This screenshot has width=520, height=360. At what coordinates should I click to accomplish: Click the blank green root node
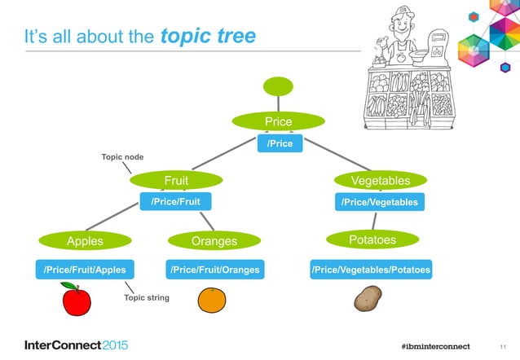[277, 85]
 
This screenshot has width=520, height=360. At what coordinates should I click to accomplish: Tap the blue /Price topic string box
[280, 143]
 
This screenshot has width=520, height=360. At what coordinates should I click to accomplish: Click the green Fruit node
[177, 179]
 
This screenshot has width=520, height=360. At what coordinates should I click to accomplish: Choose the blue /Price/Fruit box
[178, 200]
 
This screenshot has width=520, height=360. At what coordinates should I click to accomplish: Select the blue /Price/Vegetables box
[379, 201]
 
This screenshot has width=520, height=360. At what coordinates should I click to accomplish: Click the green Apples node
[85, 240]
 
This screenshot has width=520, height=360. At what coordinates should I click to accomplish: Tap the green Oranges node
[214, 240]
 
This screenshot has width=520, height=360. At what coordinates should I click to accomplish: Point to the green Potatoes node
[372, 239]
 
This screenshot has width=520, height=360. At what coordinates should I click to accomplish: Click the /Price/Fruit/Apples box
[85, 270]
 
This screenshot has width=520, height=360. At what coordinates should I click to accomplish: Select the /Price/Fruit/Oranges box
[214, 270]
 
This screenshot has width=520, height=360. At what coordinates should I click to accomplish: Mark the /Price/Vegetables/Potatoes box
[371, 270]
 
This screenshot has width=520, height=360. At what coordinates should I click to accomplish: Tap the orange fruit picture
[214, 301]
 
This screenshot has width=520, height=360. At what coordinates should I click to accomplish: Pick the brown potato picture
[368, 300]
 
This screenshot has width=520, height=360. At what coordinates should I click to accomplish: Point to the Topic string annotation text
[147, 298]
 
